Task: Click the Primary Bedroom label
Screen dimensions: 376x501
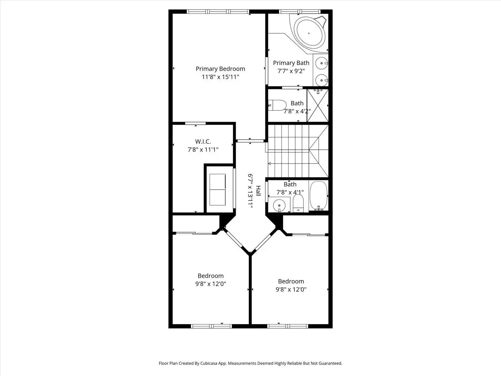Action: [220, 69]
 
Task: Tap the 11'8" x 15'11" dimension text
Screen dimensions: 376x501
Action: [220, 77]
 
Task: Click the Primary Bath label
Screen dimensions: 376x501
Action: [291, 63]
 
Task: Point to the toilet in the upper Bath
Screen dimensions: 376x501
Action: [278, 105]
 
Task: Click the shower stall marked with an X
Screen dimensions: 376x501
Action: [318, 105]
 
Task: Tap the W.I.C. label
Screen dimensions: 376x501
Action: [203, 142]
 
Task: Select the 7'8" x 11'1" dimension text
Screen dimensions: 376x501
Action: [203, 150]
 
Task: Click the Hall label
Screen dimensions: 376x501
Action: [258, 191]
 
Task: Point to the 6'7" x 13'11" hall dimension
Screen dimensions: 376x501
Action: [250, 191]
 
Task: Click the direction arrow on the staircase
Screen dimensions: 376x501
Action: [270, 163]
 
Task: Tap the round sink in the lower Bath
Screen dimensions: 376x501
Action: [279, 206]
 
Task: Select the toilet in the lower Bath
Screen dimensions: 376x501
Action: [298, 203]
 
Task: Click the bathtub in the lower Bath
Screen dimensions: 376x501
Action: [318, 196]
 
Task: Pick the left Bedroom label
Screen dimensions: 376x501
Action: [210, 276]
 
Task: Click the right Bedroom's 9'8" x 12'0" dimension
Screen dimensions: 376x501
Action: [291, 290]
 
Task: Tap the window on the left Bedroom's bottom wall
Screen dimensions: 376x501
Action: [211, 326]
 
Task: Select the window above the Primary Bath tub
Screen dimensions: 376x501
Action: [300, 12]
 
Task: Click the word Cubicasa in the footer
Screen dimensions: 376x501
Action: [209, 363]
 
